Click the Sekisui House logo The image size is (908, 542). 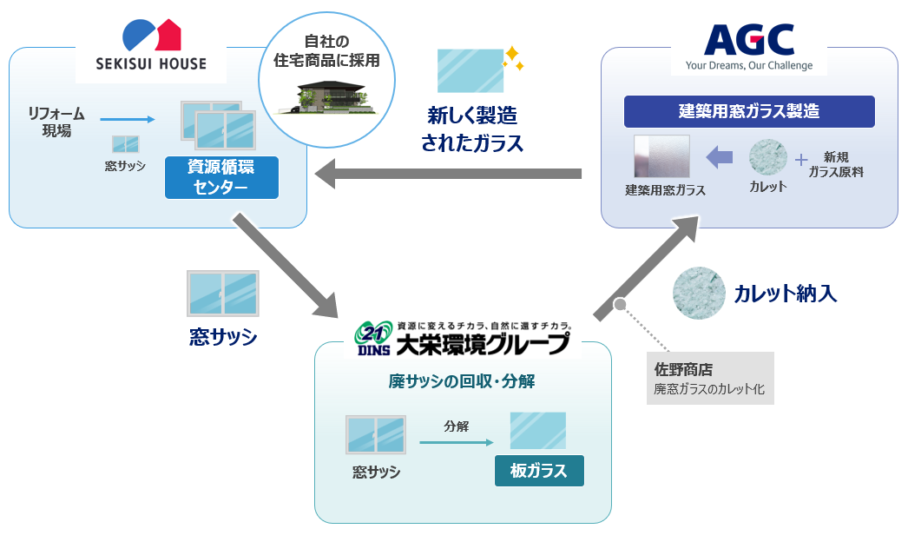(152, 47)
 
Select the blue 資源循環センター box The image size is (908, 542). (221, 177)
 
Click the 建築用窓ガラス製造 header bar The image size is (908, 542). (749, 112)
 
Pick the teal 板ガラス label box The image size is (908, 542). (539, 471)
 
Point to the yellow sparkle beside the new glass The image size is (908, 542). (514, 58)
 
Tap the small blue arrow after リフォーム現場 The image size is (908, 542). (127, 120)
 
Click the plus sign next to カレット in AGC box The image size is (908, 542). (800, 160)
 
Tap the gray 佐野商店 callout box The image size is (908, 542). (710, 378)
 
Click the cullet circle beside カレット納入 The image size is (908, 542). (699, 293)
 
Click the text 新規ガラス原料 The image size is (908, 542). (836, 165)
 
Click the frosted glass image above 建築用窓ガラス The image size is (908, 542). (661, 157)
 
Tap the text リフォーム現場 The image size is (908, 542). (57, 122)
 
